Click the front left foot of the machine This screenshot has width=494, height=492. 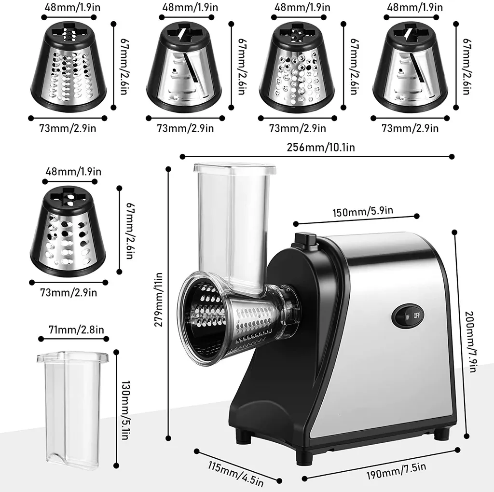pyautogui.click(x=243, y=436)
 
